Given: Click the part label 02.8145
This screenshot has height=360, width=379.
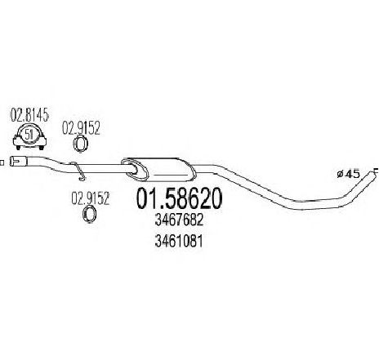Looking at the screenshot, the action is coord(30,115).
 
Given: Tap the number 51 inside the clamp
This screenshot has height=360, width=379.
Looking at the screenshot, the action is coord(29,135).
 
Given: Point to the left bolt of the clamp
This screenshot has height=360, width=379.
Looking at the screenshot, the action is coord(18,148).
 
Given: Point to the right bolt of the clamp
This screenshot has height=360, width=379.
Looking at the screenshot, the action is coord(42,148).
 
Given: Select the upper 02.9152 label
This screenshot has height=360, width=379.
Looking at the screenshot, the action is coord(81,128).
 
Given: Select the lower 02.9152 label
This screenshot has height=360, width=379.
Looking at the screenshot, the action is coord(90,198).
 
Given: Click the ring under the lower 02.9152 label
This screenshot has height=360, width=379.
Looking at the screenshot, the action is coord(83,214).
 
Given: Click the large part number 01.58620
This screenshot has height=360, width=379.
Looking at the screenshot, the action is coord(179,198).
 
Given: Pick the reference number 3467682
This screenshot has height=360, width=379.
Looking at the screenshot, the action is coord(179,220).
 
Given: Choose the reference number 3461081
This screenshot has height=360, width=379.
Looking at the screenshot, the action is coord(179,241).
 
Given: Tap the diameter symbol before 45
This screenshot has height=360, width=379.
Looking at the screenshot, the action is coord(340,174).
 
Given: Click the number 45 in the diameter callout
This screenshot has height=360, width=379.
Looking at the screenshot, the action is coord(353,174).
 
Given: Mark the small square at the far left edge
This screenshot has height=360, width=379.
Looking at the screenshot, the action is coord(2,162).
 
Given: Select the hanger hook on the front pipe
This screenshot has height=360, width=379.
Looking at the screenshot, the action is coord(78,171).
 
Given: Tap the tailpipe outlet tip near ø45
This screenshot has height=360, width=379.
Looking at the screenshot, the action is coord(375,171).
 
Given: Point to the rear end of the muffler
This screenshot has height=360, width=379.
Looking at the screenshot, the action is coord(193,171).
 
